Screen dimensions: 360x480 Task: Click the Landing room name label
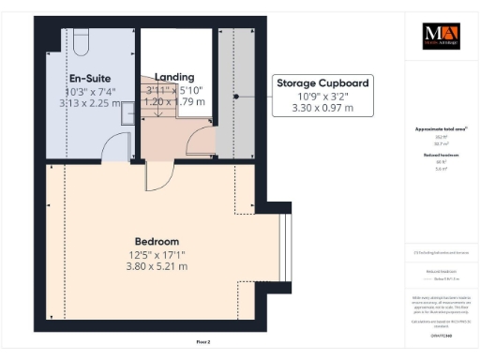click(174, 77)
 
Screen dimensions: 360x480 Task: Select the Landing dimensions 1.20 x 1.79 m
click(174, 101)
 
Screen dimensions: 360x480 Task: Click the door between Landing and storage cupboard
click(201, 142)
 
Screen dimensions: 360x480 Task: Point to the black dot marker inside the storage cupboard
click(237, 96)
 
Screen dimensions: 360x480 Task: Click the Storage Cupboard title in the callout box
click(322, 83)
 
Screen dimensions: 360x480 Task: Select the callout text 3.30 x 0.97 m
click(322, 108)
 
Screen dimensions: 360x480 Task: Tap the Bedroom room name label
click(157, 240)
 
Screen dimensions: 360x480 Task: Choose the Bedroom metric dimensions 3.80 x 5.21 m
click(157, 266)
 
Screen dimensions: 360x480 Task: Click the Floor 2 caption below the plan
click(203, 342)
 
